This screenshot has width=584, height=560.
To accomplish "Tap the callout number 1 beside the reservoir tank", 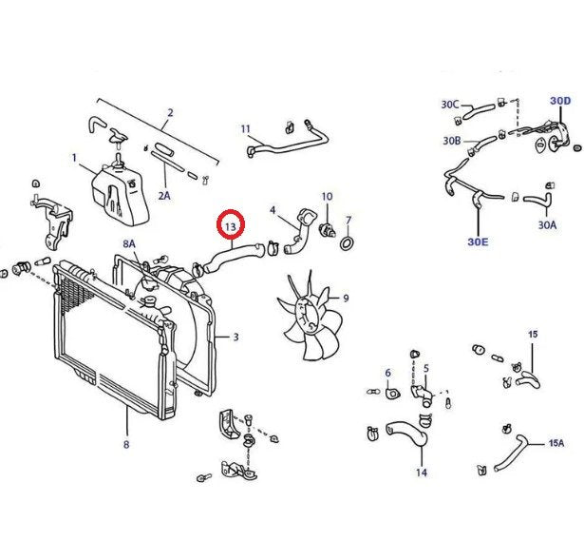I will (74, 157).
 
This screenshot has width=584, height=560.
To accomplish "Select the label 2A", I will (164, 196).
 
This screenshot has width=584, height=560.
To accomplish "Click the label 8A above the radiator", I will (129, 244).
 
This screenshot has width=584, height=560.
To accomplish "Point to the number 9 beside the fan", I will (345, 298).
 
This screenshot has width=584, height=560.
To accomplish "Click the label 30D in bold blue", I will (560, 101).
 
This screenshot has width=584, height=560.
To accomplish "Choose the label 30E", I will (478, 242).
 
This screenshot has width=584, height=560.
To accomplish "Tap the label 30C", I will (450, 104).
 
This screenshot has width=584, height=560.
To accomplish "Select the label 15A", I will (556, 443).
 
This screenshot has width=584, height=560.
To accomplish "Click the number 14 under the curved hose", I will (422, 473).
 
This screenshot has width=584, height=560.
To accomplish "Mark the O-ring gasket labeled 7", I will (349, 245).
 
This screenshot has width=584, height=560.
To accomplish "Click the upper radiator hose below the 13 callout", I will (229, 255).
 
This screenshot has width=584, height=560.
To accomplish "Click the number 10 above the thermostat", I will (327, 197).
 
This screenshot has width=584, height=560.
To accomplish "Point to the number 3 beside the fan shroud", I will (235, 337).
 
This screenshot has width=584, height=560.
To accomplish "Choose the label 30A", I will (546, 225).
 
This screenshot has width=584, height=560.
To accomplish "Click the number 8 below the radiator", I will (125, 443).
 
